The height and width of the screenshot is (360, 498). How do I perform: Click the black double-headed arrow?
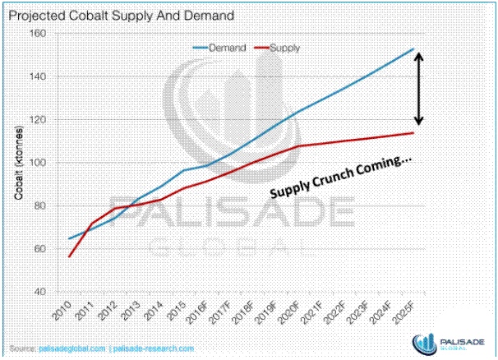tap(418, 89)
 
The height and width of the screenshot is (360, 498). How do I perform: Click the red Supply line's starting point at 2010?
tap(68, 256)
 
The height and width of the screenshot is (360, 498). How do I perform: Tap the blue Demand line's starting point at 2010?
tap(68, 238)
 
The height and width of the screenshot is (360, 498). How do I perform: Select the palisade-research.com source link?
tap(154, 348)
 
